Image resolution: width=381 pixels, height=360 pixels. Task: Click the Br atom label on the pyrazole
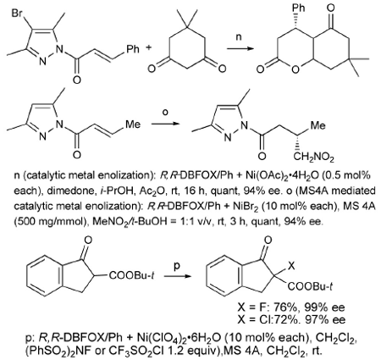(x=18, y=14)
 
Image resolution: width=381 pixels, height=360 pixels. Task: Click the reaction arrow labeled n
(x=240, y=48)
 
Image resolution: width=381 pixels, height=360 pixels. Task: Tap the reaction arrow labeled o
(x=165, y=124)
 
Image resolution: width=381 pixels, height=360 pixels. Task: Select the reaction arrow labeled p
(x=176, y=276)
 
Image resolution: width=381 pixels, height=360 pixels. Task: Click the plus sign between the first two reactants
(x=148, y=47)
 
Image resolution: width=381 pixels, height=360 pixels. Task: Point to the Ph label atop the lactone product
(x=298, y=8)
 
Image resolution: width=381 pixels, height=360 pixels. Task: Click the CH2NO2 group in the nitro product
(x=313, y=157)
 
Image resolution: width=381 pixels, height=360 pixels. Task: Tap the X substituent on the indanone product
(x=291, y=265)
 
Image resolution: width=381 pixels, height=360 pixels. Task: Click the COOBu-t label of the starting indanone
(x=131, y=275)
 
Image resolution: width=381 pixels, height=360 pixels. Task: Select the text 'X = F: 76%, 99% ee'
(x=291, y=307)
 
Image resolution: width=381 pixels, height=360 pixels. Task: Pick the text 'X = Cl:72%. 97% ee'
(x=291, y=319)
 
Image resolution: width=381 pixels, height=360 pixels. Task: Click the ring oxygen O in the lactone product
(x=295, y=69)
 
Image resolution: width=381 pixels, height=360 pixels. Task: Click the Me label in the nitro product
(x=317, y=125)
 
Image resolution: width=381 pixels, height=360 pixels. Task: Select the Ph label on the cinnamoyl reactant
(x=133, y=49)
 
